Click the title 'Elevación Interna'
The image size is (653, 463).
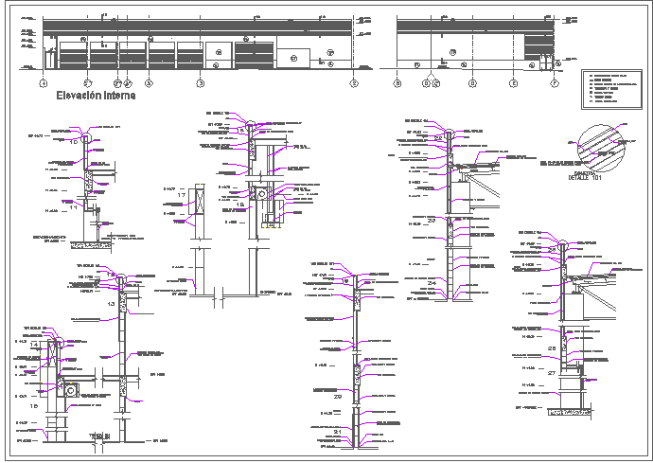pyautogui.click(x=96, y=96)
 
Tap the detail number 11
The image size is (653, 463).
pyautogui.click(x=72, y=205)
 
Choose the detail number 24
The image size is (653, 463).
pyautogui.click(x=432, y=283)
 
